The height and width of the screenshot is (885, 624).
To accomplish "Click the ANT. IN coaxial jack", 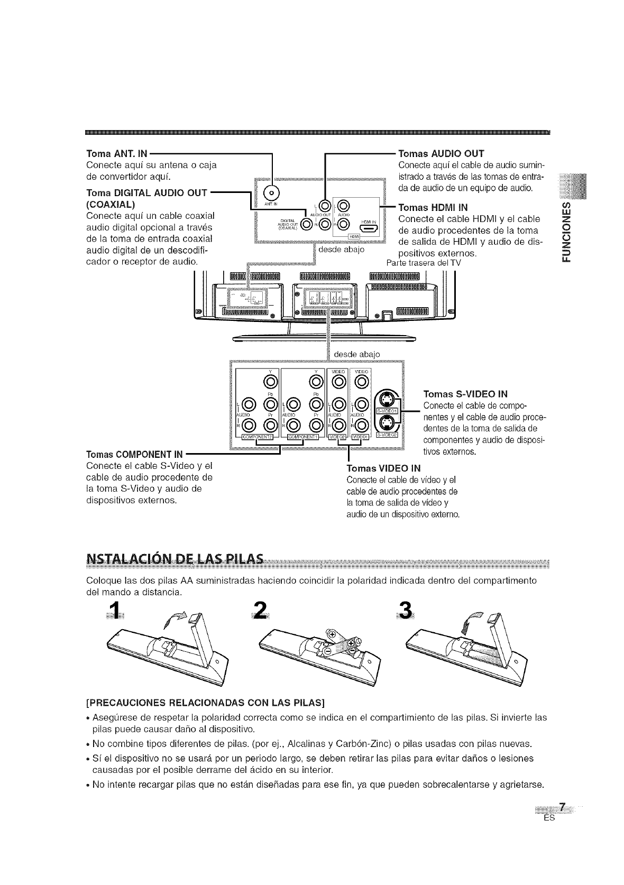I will (x=271, y=194).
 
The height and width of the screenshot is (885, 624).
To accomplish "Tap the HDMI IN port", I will (x=368, y=228).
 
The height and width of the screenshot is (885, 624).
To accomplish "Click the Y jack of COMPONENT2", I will (x=271, y=382).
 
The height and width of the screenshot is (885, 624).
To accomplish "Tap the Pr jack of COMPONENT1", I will (x=316, y=423).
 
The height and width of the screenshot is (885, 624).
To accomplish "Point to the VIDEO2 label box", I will (x=338, y=437).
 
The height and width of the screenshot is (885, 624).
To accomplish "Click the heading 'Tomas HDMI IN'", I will (x=433, y=207).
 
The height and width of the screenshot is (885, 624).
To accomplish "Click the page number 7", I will (x=563, y=806).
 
